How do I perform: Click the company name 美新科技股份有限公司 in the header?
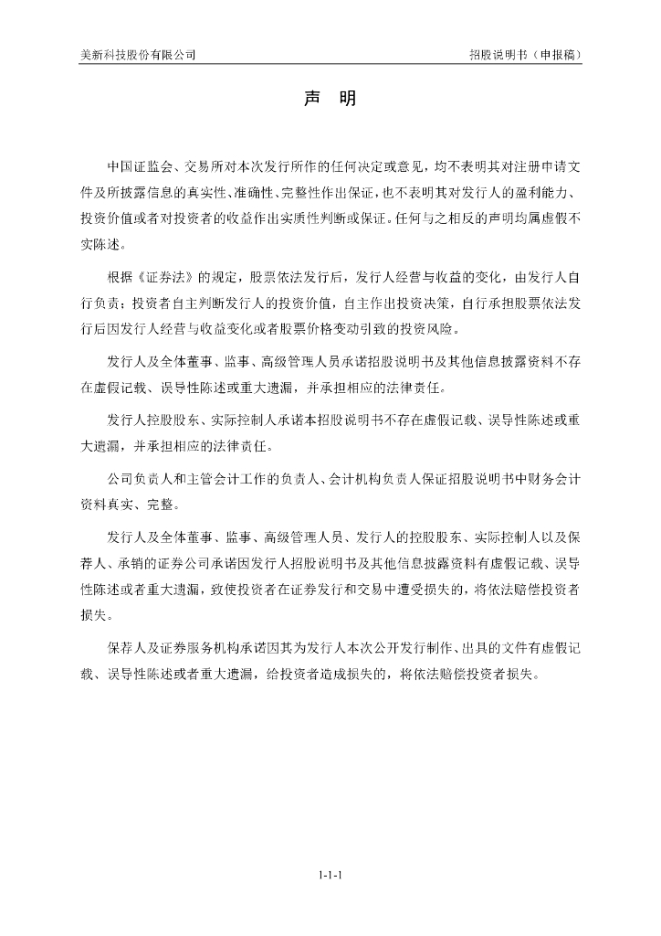point(137,55)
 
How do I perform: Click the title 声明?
point(330,99)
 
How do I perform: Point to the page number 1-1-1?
point(330,875)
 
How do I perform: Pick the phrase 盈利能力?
point(546,194)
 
